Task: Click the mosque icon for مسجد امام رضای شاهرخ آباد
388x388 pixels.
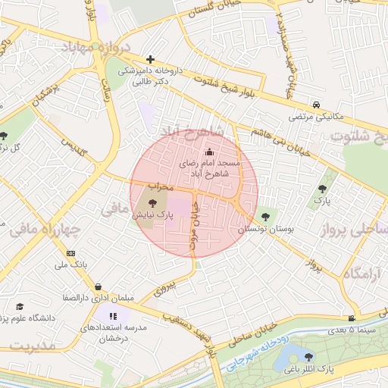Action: pos(210,152)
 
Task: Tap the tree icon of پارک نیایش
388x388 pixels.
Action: pos(154,203)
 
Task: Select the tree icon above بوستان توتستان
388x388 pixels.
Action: pos(264,217)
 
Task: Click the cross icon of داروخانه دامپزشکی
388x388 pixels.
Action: pos(151,59)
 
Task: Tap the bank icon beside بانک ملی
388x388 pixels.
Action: pos(70,253)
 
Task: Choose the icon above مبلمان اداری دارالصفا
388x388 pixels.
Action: pos(99,287)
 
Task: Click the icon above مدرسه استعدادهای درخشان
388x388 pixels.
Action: pos(113,316)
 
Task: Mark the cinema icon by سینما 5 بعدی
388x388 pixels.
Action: pos(352,318)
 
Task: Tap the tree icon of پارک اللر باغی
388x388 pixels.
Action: pos(308,356)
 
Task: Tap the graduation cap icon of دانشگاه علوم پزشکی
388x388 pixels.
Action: pos(20,307)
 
